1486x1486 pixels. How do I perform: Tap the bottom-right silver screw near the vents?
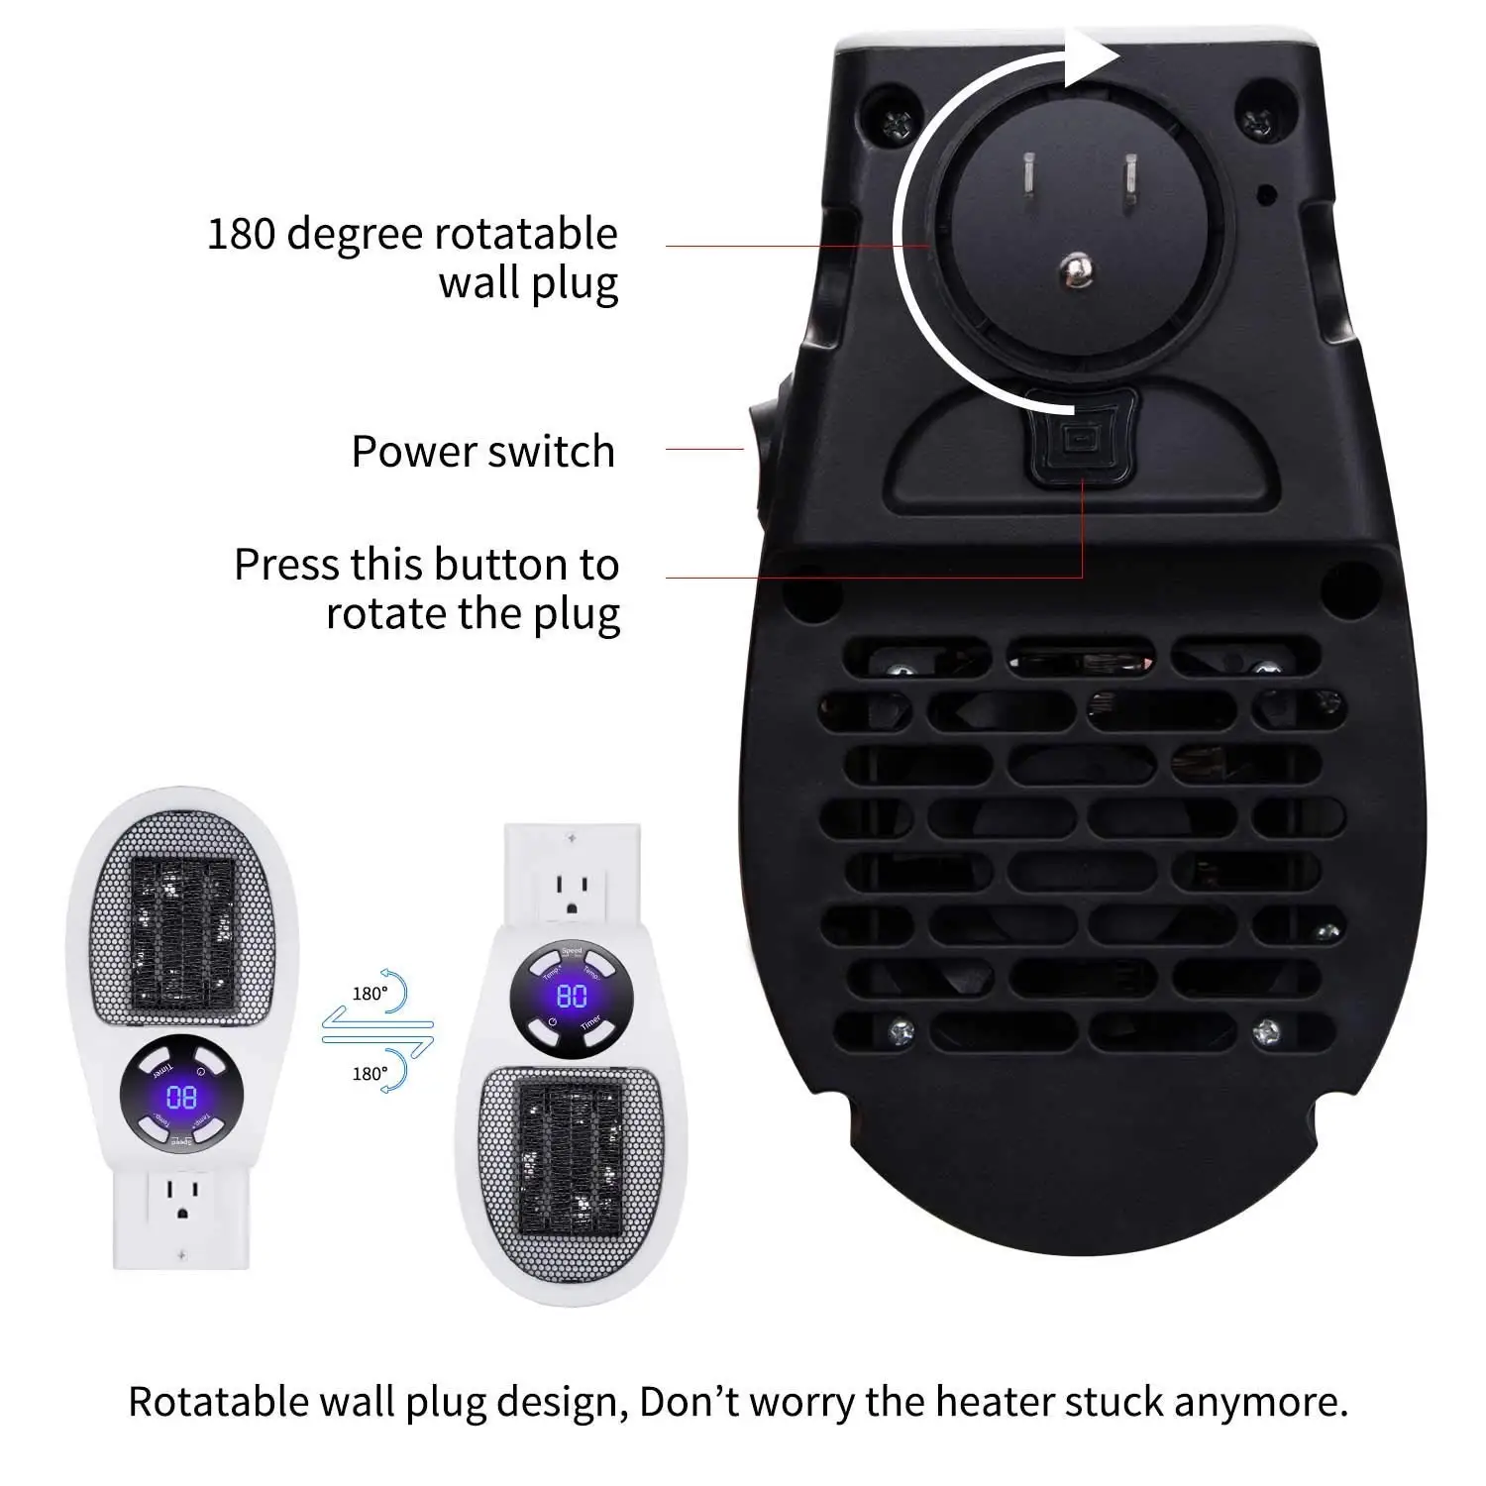[x=1265, y=1031]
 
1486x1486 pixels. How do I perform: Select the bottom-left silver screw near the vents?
[x=900, y=1031]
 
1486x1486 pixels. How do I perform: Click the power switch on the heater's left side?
[x=757, y=451]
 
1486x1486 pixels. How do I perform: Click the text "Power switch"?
[x=483, y=452]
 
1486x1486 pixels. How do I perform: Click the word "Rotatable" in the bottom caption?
[x=219, y=1402]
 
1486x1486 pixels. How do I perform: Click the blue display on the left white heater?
[x=181, y=1097]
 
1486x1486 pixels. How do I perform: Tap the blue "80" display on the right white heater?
[x=572, y=996]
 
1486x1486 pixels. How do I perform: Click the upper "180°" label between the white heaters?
[x=370, y=994]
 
